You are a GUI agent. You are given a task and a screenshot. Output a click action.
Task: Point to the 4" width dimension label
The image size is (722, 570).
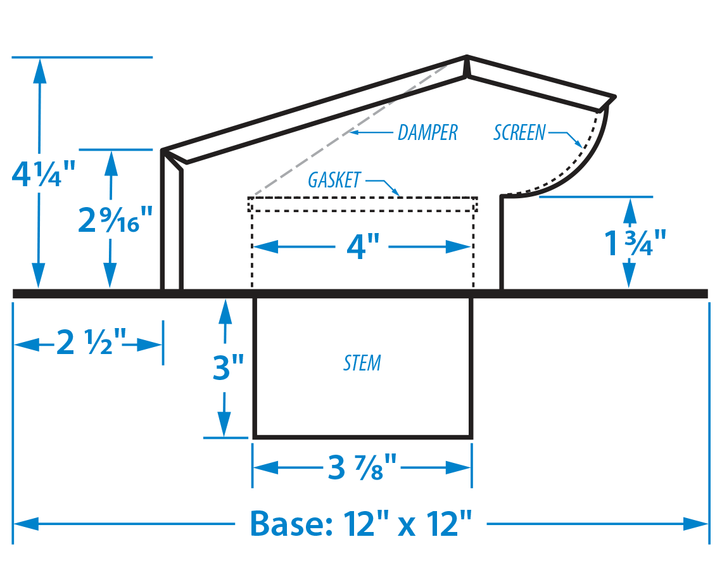click(362, 246)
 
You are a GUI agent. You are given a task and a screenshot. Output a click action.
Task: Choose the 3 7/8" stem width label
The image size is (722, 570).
click(362, 467)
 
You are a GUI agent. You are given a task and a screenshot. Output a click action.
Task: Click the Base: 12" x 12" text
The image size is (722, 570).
click(361, 524)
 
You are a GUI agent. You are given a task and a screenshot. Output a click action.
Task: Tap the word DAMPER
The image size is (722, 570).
click(427, 132)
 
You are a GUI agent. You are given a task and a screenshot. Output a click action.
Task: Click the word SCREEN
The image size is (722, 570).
click(519, 132)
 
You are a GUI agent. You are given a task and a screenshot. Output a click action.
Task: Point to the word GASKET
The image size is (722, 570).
click(334, 180)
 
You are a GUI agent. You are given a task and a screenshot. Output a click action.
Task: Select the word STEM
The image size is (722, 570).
click(362, 364)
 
